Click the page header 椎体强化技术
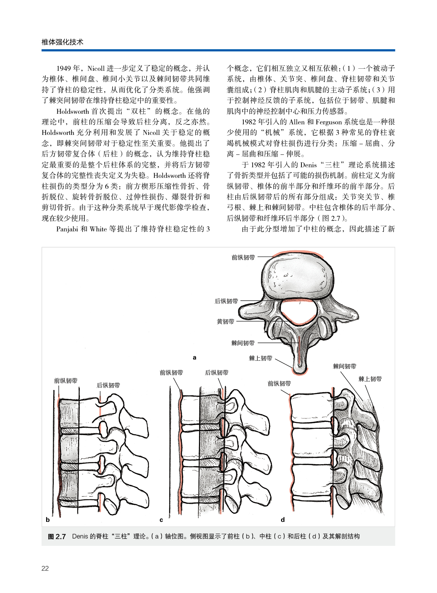[x=62, y=42]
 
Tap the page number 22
[x=45, y=568]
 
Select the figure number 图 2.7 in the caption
[x=57, y=536]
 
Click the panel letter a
[x=194, y=357]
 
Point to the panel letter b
[x=48, y=520]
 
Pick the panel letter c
[x=161, y=520]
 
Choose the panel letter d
[x=282, y=520]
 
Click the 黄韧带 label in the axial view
[x=226, y=321]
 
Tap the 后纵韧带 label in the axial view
[x=226, y=301]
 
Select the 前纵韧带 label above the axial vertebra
[x=243, y=257]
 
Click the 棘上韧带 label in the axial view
[x=261, y=358]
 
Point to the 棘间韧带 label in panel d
[x=344, y=366]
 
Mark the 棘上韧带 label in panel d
[x=370, y=379]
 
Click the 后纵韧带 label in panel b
[x=108, y=385]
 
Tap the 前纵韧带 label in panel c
[x=171, y=373]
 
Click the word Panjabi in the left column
[x=67, y=229]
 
